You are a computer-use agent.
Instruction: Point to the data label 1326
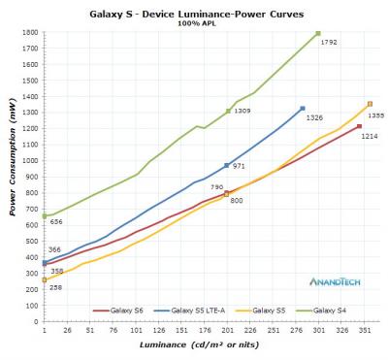[313, 117]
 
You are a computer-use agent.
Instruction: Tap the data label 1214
[369, 136]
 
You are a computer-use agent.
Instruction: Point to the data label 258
[56, 287]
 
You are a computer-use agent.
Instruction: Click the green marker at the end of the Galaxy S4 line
[318, 34]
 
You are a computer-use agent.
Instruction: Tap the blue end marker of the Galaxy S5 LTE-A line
[303, 109]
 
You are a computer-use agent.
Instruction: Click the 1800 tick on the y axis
[30, 33]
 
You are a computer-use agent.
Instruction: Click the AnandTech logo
[336, 281]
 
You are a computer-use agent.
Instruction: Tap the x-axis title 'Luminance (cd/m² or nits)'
[200, 346]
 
